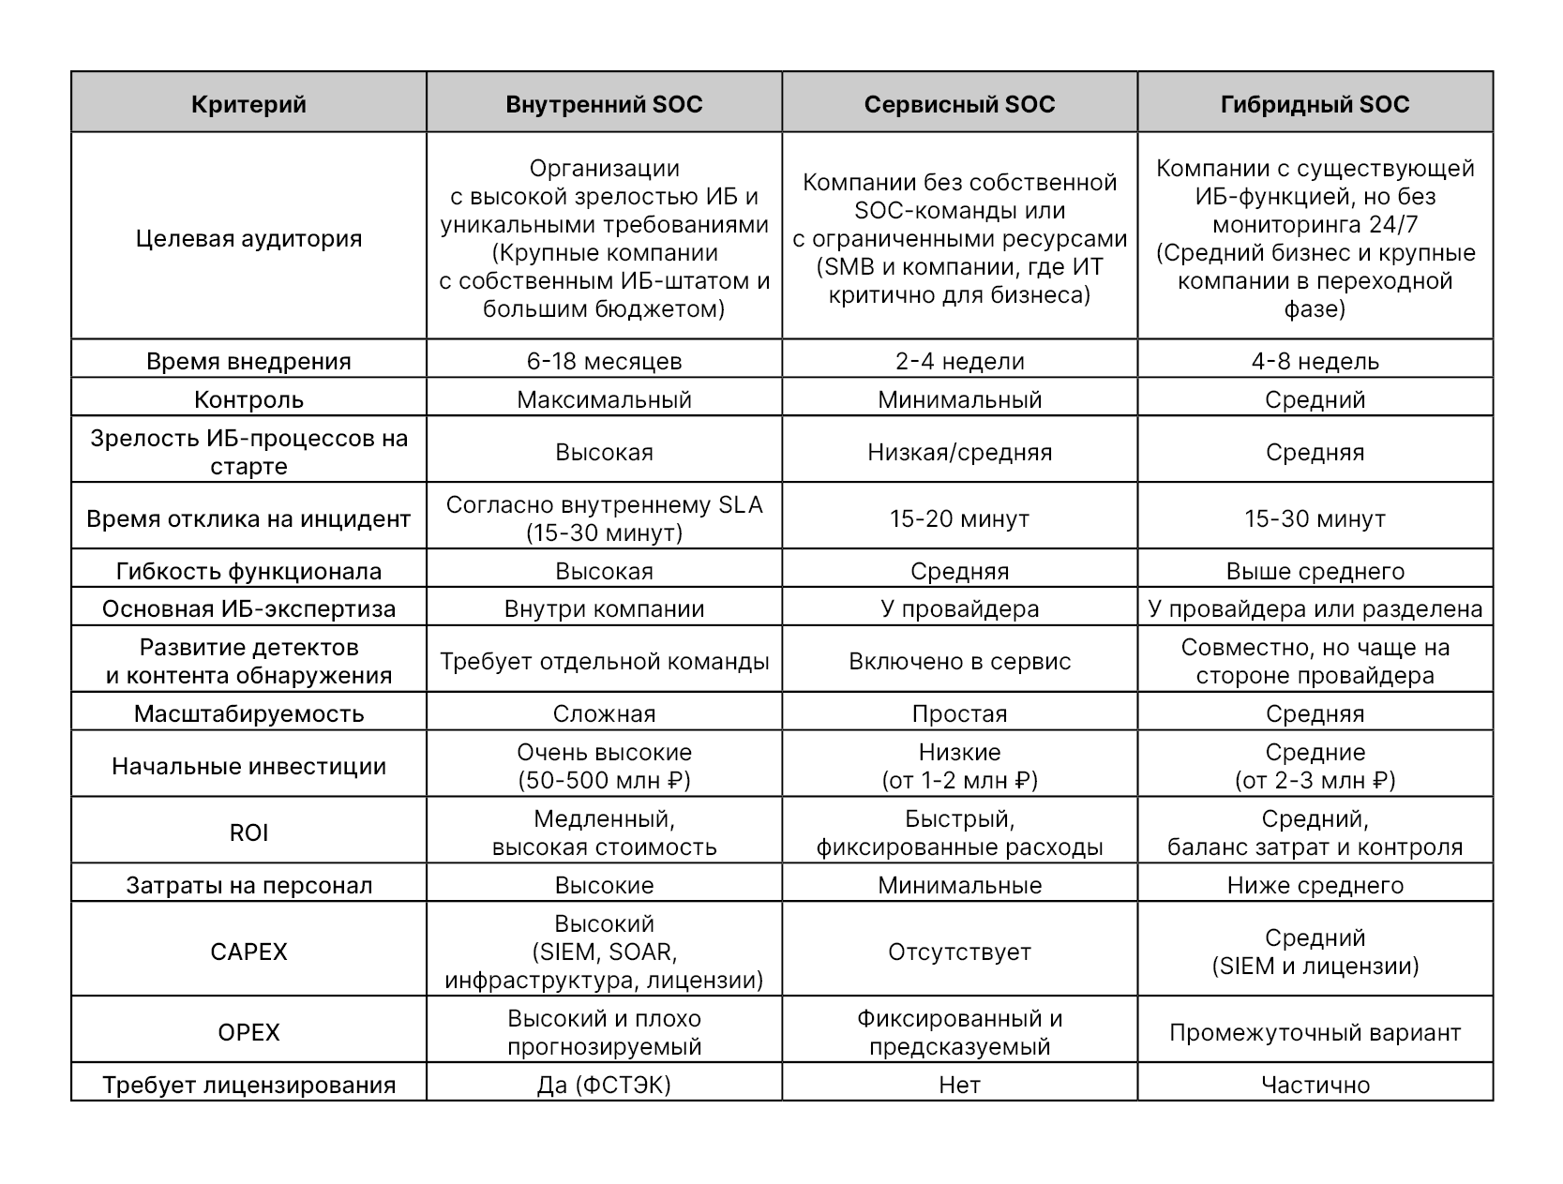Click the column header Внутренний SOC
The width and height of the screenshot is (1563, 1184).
[604, 104]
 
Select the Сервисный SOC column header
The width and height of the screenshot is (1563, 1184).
[959, 104]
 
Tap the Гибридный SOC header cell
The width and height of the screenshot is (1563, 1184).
[1315, 104]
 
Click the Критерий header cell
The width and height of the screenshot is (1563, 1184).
[248, 104]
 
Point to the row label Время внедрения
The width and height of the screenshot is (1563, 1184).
[248, 361]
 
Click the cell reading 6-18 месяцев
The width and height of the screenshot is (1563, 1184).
[604, 361]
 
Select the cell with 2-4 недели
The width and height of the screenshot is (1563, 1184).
[959, 361]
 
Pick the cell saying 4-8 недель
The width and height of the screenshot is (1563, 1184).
[1315, 361]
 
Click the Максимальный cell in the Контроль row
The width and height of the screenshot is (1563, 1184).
[604, 399]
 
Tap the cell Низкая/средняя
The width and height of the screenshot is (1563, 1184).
[959, 452]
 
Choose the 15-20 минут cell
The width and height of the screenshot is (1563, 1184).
[959, 518]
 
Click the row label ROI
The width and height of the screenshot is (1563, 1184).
[248, 832]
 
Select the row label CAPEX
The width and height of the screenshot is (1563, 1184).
[248, 952]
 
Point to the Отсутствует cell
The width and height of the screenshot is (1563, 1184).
[959, 952]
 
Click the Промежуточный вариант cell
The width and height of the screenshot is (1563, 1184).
[1315, 1032]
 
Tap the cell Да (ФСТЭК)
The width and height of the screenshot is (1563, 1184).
[604, 1085]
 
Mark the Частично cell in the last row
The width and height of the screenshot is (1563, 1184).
[1315, 1085]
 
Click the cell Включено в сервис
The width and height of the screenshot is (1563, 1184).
[959, 661]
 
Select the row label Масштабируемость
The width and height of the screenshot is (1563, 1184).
[248, 713]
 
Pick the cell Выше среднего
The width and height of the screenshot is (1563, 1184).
[1315, 571]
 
